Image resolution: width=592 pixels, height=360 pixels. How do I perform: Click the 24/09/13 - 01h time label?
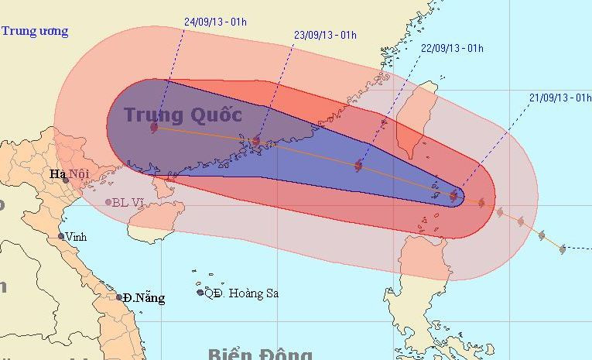(x=216, y=22)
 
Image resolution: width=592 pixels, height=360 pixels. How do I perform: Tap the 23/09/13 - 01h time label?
(x=325, y=35)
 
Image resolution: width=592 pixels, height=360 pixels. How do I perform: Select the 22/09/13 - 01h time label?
(x=452, y=49)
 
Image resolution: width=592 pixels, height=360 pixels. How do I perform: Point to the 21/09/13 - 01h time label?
(x=560, y=97)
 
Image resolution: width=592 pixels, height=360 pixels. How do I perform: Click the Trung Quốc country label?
(x=183, y=115)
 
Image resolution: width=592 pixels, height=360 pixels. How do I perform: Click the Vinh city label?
(x=76, y=237)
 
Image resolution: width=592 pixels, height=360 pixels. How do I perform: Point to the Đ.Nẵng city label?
(x=145, y=298)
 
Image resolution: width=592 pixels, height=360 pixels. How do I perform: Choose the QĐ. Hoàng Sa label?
(x=241, y=293)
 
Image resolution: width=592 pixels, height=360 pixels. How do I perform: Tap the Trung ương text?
(x=34, y=32)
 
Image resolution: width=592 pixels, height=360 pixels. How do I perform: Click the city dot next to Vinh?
(x=61, y=237)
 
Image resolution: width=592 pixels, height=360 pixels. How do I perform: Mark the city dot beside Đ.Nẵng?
(x=119, y=297)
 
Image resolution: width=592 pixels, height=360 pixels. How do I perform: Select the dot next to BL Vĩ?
(x=108, y=203)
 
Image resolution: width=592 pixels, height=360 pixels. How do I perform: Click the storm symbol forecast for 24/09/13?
(x=154, y=128)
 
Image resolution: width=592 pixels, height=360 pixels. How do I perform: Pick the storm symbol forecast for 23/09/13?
(x=256, y=141)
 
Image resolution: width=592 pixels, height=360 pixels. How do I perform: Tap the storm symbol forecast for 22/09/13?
(x=358, y=165)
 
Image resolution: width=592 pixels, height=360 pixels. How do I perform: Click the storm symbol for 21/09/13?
(x=453, y=196)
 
